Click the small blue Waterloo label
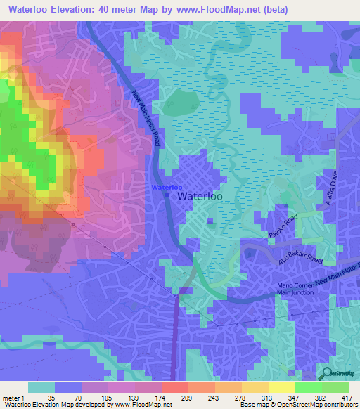click(167, 188)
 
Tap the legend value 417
click(347, 398)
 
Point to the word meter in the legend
click(10, 398)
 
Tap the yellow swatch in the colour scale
click(281, 387)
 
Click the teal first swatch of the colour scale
click(41, 387)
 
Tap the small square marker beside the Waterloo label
click(166, 197)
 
